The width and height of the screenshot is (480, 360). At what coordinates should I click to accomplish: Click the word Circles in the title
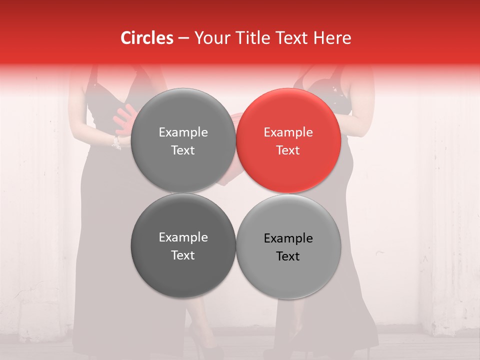pyautogui.click(x=147, y=38)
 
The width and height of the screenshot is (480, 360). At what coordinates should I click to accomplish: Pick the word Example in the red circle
pyautogui.click(x=288, y=132)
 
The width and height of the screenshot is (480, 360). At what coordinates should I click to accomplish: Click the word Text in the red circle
pyautogui.click(x=288, y=150)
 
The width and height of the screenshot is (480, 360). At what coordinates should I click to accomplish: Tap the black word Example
pyautogui.click(x=288, y=238)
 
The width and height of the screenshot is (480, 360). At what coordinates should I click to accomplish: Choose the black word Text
pyautogui.click(x=288, y=256)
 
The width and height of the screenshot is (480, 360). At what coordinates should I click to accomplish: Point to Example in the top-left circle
pyautogui.click(x=183, y=132)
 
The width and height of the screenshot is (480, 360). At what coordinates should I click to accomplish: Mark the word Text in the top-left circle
pyautogui.click(x=183, y=150)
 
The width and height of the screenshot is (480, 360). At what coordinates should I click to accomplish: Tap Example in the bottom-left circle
pyautogui.click(x=183, y=237)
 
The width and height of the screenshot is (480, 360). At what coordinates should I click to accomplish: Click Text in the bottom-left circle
pyautogui.click(x=183, y=255)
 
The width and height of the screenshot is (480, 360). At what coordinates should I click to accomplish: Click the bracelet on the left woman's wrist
pyautogui.click(x=116, y=142)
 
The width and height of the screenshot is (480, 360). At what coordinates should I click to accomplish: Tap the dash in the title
pyautogui.click(x=183, y=38)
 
